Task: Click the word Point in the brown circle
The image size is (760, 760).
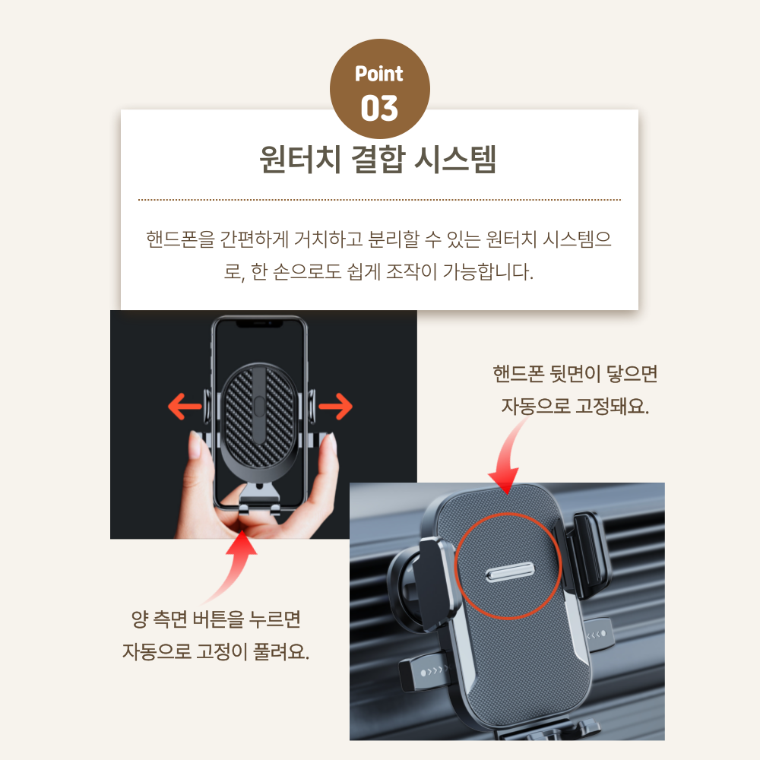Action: point(378,74)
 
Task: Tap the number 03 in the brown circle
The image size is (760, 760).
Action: point(379,108)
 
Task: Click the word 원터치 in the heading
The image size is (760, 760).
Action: point(300,159)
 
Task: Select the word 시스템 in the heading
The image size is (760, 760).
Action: point(455,159)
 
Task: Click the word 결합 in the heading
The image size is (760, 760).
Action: point(378,159)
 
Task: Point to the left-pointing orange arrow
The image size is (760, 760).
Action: point(185,406)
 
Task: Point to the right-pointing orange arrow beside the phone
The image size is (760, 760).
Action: point(335,406)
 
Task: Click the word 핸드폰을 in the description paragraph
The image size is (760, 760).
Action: point(180,239)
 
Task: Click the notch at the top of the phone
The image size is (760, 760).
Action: point(259,324)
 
